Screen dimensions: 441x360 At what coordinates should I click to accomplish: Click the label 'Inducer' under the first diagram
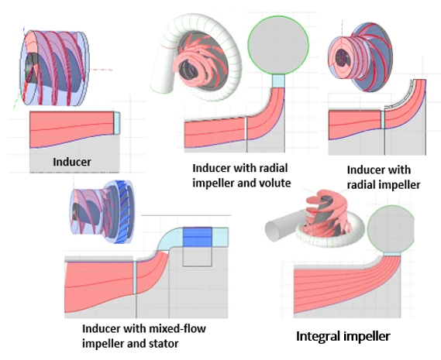(x=72, y=162)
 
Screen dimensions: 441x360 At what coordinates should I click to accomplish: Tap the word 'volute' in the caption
(x=275, y=183)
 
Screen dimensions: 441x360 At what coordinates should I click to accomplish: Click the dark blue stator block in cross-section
(x=197, y=238)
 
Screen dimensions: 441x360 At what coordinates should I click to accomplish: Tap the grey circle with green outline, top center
(x=278, y=45)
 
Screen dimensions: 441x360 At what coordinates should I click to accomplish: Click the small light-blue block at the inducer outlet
(x=117, y=123)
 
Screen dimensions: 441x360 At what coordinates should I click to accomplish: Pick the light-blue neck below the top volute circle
(x=278, y=81)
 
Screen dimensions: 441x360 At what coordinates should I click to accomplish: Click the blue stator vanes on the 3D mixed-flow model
(x=122, y=212)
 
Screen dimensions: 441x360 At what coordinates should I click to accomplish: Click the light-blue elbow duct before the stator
(x=169, y=239)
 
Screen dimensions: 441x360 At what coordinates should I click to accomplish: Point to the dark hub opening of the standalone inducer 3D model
(x=29, y=69)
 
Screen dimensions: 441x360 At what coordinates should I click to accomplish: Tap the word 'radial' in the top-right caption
(x=359, y=185)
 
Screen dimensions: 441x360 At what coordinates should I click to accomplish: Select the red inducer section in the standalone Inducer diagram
(x=72, y=128)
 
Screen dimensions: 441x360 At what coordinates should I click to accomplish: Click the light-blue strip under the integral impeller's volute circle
(x=392, y=254)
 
